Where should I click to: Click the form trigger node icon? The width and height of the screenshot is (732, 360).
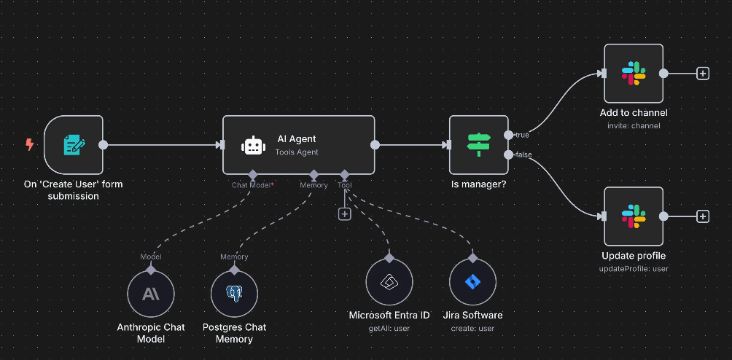74,145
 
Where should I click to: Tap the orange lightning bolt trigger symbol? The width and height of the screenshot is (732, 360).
30,144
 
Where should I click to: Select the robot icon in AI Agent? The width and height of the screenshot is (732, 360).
253,145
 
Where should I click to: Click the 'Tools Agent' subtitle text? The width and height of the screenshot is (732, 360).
297,152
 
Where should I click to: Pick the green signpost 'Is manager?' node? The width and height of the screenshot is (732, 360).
479,144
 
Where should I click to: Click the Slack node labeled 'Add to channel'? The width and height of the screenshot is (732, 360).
634,73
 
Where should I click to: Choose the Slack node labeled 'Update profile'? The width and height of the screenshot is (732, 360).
634,216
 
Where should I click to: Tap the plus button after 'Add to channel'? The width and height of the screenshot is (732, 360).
703,73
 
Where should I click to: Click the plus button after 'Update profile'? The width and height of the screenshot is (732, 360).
703,216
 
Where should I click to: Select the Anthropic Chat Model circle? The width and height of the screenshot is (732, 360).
151,294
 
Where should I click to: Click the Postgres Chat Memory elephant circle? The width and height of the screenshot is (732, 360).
235,294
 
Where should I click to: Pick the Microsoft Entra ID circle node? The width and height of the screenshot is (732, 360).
389,283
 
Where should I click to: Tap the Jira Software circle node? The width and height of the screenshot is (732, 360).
472,283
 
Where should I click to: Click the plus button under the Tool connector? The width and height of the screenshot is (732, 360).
345,214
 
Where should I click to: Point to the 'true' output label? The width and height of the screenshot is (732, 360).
522,136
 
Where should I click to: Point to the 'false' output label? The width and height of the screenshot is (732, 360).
523,154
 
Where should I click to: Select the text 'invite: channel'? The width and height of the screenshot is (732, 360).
634,126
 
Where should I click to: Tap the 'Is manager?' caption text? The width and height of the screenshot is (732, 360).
479,184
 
